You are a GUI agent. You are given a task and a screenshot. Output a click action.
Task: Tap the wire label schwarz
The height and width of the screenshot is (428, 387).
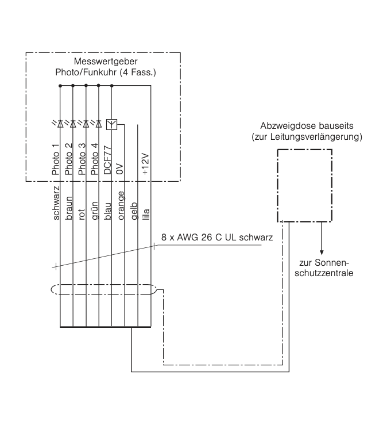point(56,203)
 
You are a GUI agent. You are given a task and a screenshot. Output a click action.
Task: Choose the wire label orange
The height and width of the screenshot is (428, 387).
point(121,202)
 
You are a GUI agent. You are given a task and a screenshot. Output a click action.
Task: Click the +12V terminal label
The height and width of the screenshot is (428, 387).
point(147,165)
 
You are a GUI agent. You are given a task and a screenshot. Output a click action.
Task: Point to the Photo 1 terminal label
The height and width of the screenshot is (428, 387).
point(56,162)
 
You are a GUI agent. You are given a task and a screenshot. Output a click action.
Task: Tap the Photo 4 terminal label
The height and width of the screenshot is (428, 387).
point(96,162)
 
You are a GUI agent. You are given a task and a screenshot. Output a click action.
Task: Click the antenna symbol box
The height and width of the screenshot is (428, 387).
point(111,124)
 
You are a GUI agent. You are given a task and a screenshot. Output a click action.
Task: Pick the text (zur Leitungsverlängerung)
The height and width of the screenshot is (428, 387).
point(310,137)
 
